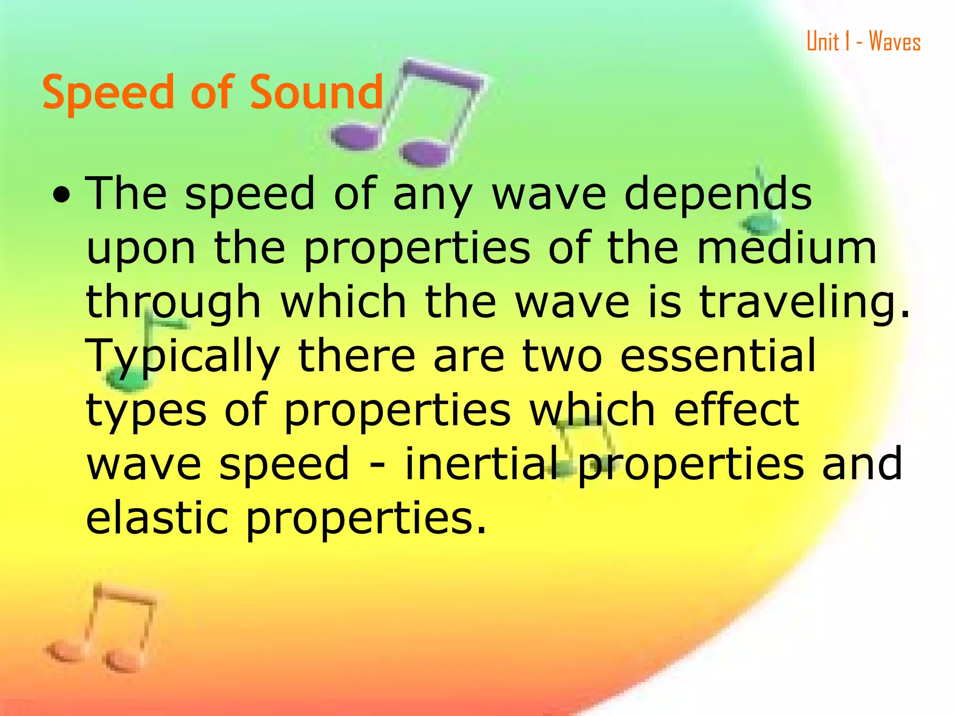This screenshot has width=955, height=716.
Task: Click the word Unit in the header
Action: point(823,41)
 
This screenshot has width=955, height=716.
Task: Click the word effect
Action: point(737,410)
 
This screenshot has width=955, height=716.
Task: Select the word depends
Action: point(718,195)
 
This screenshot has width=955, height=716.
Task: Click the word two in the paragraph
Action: point(562,357)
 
